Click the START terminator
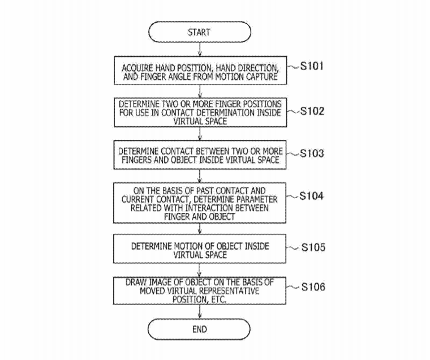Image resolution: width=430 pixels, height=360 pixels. (199, 32)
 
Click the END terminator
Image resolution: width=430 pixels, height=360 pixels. (199, 329)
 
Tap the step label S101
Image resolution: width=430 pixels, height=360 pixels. (312, 66)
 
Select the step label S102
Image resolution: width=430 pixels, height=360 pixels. (312, 111)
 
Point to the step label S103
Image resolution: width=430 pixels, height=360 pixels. (312, 153)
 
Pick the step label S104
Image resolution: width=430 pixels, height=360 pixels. (312, 196)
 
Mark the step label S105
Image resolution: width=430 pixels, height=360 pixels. (313, 247)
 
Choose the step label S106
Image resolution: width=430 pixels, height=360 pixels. (313, 287)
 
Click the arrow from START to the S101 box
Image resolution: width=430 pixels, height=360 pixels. (200, 49)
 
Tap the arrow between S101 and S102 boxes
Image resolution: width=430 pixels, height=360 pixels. (200, 91)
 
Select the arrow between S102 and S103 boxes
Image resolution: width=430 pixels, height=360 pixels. (200, 134)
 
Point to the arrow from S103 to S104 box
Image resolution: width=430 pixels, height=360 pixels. (200, 176)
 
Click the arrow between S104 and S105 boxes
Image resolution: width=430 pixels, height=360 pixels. (200, 229)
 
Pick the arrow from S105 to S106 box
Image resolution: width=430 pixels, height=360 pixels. (200, 270)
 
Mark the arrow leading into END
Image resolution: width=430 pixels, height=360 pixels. (200, 312)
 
